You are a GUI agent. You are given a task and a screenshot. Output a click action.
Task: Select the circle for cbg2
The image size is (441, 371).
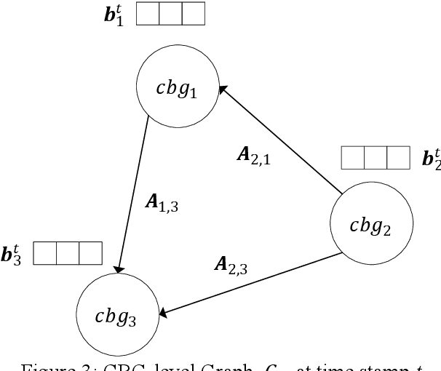pyautogui.click(x=372, y=227)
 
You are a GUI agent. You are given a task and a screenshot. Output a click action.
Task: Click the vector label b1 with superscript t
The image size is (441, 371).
pyautogui.click(x=114, y=16)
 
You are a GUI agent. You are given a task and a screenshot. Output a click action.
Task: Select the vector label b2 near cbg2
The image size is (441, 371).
pyautogui.click(x=431, y=158)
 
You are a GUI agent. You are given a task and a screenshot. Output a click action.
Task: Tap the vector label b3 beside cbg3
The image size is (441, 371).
pyautogui.click(x=12, y=254)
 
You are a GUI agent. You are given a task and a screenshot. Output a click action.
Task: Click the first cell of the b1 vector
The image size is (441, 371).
pyautogui.click(x=148, y=15)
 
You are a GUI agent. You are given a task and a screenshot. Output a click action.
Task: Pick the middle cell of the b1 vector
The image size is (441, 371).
pyautogui.click(x=170, y=15)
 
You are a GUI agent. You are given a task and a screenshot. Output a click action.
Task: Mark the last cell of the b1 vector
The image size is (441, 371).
pyautogui.click(x=193, y=15)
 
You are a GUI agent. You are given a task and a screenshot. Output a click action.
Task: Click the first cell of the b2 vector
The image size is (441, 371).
pyautogui.click(x=352, y=158)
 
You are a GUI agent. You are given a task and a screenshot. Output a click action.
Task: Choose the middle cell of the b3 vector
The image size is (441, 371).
pyautogui.click(x=67, y=253)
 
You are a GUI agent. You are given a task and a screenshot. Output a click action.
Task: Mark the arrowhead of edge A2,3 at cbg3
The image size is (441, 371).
pyautogui.click(x=164, y=314)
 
